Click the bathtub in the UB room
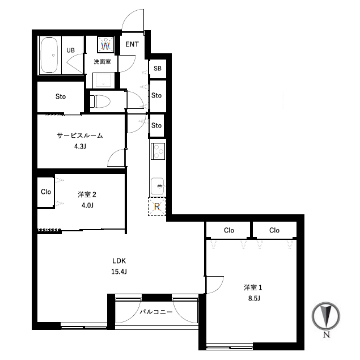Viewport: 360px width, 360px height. [49, 55]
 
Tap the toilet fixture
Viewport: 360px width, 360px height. [100, 101]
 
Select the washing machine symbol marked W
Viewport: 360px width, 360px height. [105, 44]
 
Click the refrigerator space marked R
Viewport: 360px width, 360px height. [157, 206]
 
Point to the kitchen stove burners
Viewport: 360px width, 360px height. [158, 151]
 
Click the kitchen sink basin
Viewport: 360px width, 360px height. [157, 186]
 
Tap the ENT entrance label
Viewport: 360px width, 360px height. [132, 44]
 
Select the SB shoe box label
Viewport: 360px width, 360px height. [158, 69]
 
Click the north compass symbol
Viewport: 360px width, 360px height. [326, 316]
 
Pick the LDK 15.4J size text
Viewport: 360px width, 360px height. [119, 272]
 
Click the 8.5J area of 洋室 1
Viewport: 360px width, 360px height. [254, 298]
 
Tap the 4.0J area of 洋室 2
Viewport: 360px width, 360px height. [87, 205]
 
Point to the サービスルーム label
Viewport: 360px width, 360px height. [80, 135]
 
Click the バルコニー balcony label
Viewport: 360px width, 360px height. [156, 312]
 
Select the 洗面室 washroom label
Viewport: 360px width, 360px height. [102, 62]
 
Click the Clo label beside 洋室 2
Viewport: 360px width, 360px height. [46, 192]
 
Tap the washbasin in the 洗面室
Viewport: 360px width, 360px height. [103, 81]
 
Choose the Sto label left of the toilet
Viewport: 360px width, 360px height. [61, 96]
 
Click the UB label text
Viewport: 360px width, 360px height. [70, 50]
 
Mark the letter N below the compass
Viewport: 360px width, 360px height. [327, 334]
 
